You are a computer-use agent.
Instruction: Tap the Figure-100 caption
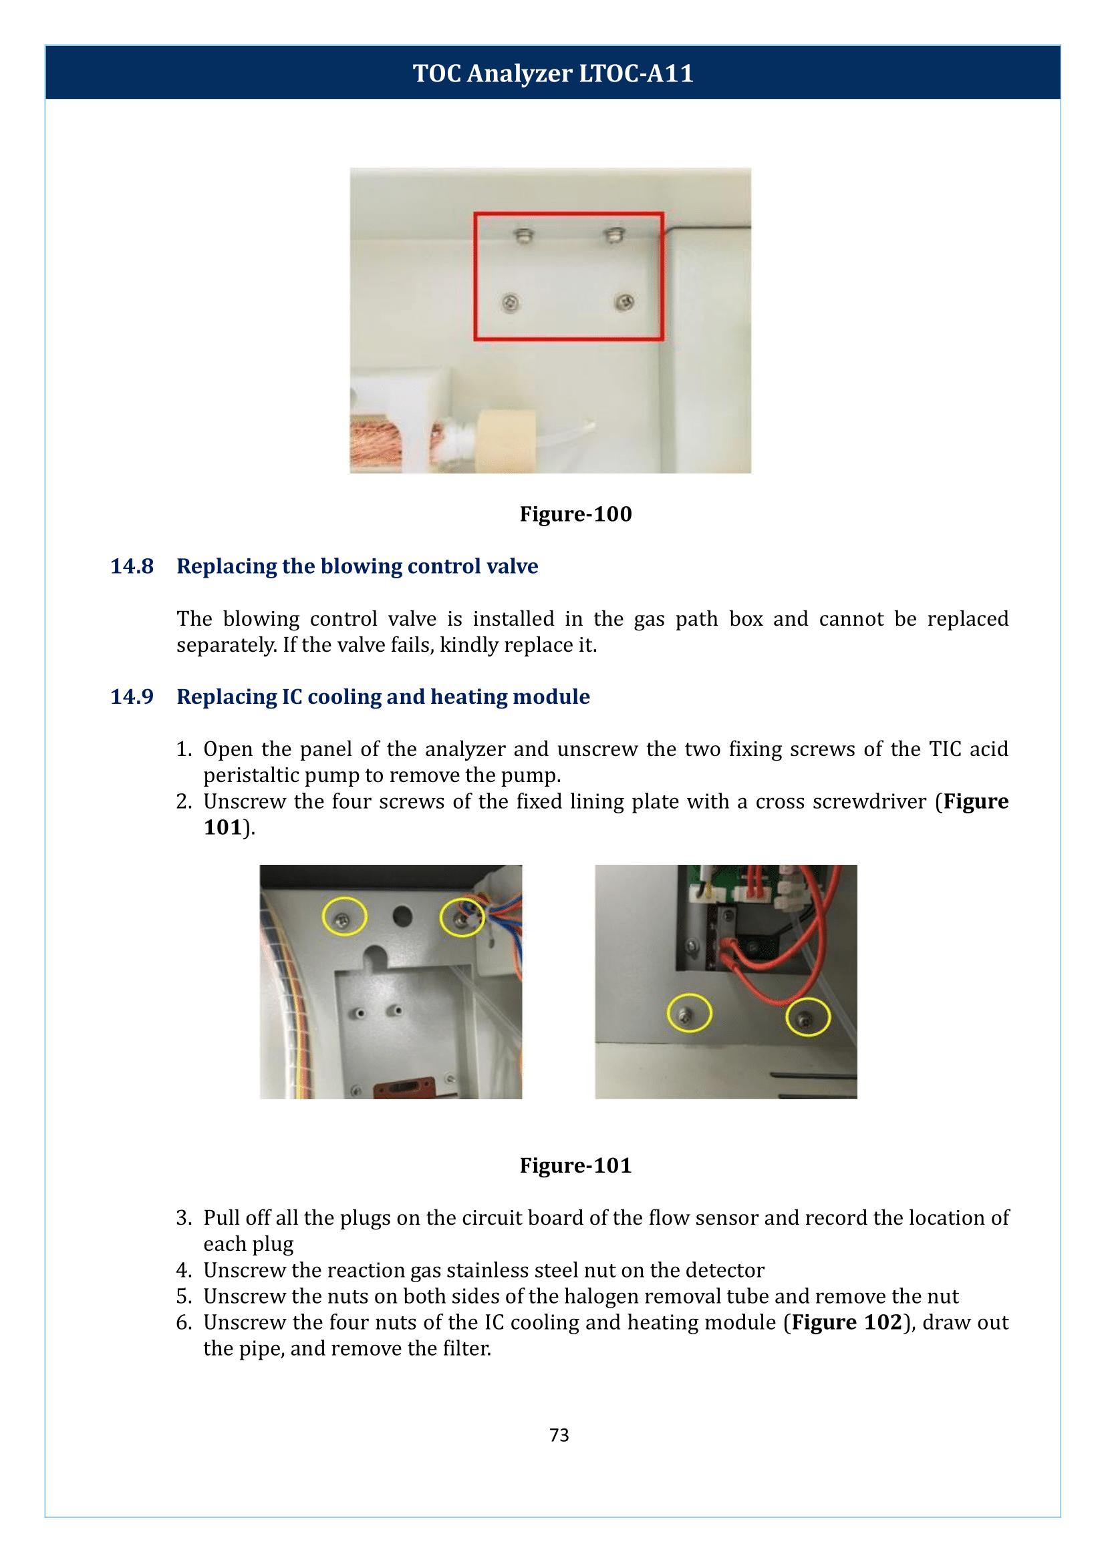point(575,514)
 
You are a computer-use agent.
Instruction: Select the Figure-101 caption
point(575,1165)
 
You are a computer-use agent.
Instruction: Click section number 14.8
point(132,566)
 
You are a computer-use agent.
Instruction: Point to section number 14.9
point(132,697)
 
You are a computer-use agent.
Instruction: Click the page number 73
point(559,1435)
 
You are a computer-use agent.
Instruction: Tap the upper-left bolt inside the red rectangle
point(523,236)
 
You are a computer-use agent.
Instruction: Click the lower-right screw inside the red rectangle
point(625,301)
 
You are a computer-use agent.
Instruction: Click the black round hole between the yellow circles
point(402,916)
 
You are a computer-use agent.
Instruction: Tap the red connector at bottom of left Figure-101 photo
point(405,1087)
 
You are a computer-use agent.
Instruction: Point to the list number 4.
point(183,1270)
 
